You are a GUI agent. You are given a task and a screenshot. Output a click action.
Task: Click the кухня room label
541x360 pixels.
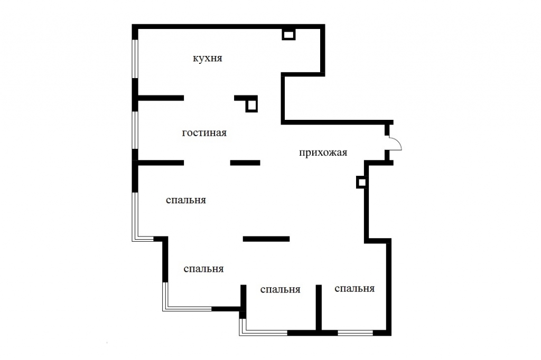point(207,58)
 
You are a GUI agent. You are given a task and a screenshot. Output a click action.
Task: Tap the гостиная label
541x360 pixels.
point(204,133)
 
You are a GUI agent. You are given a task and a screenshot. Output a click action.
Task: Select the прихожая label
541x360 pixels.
point(323,153)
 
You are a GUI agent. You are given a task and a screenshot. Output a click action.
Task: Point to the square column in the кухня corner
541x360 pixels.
point(289,34)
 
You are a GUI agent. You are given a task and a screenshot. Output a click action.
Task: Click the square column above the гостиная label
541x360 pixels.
point(251,105)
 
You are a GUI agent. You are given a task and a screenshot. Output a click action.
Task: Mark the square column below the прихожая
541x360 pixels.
point(361,183)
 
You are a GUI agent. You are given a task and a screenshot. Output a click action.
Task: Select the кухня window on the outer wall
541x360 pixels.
point(135,59)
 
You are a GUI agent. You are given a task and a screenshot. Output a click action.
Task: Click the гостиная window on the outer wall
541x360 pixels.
point(135,130)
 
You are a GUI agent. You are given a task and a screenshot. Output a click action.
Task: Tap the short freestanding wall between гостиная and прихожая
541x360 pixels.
point(245,163)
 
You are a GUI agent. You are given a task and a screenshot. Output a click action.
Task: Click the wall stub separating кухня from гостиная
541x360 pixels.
point(161,98)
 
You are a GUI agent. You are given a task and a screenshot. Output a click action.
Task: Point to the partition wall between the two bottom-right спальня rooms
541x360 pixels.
point(319,307)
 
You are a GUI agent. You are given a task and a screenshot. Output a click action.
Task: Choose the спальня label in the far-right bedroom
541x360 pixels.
point(355,289)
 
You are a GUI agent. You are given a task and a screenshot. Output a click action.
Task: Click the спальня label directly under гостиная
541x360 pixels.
point(186,201)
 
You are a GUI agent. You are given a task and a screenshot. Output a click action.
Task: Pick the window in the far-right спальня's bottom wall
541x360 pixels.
point(356,333)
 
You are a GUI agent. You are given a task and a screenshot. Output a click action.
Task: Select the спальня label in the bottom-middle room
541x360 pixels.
point(280,290)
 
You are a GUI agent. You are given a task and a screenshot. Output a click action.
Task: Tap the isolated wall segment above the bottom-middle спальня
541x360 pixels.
point(266,239)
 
